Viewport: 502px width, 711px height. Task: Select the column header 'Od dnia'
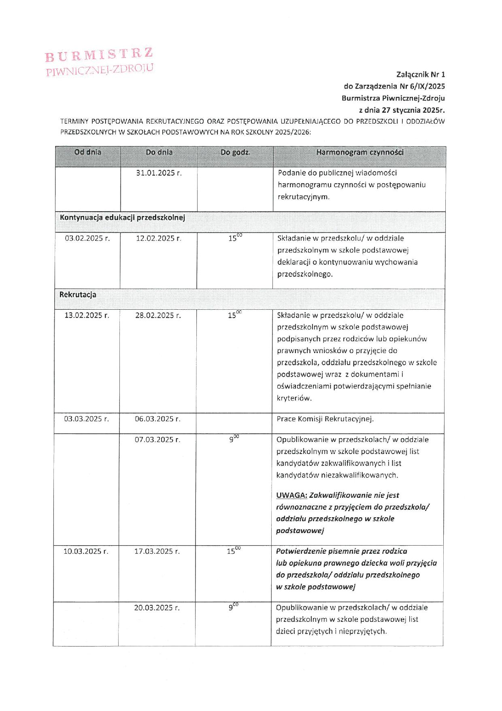(x=88, y=152)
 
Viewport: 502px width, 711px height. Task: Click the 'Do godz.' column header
(x=235, y=153)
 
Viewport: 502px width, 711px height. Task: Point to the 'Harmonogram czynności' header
(x=359, y=152)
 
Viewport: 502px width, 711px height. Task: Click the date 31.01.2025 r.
(x=159, y=173)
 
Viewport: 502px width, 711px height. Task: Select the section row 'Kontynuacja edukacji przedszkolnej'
(x=122, y=218)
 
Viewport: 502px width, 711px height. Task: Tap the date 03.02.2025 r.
(x=87, y=238)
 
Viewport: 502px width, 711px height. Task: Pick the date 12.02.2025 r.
(x=158, y=238)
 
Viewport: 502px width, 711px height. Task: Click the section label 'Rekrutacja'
(x=78, y=295)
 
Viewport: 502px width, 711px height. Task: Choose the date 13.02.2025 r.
(x=87, y=315)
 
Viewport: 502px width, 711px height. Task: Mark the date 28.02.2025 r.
(x=158, y=315)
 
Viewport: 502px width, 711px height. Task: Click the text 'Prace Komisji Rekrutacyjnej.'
(x=325, y=419)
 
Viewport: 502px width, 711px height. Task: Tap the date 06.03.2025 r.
(x=157, y=419)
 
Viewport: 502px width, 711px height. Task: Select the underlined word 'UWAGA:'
(x=291, y=495)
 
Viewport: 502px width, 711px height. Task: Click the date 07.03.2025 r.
(x=157, y=440)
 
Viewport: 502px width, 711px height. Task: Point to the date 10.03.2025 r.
(x=86, y=551)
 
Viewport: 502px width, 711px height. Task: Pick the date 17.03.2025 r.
(x=157, y=551)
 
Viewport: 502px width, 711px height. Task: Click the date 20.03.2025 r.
(x=157, y=608)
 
